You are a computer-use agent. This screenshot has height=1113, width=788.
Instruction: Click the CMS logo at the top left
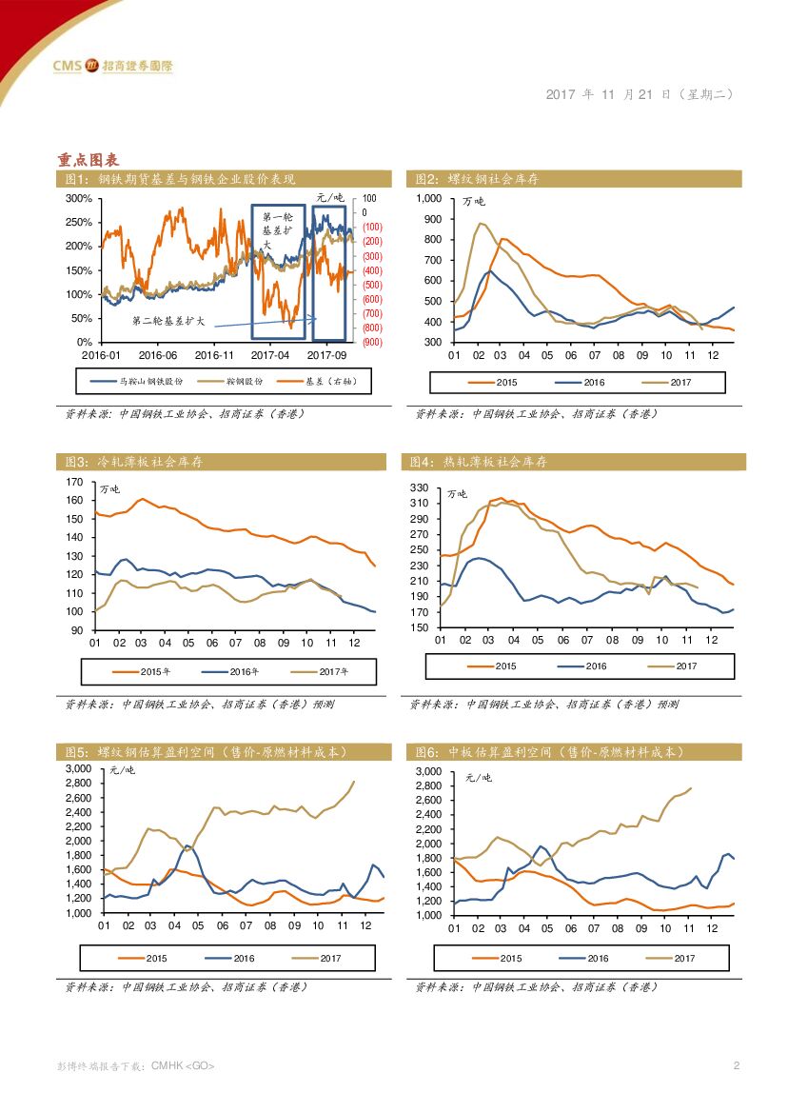coord(112,66)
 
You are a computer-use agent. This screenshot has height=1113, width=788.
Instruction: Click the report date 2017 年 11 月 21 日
coord(609,94)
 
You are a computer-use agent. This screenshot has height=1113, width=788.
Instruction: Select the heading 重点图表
coord(87,159)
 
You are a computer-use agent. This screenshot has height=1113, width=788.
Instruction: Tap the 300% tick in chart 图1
coord(79,199)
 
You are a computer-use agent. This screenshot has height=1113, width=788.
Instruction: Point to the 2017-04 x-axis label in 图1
coord(271,354)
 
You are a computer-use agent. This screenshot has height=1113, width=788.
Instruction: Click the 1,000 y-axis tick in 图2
coord(429,198)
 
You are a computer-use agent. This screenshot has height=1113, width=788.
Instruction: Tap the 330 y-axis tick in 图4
coord(421,487)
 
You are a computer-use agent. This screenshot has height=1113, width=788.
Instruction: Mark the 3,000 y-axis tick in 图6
coord(429,771)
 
